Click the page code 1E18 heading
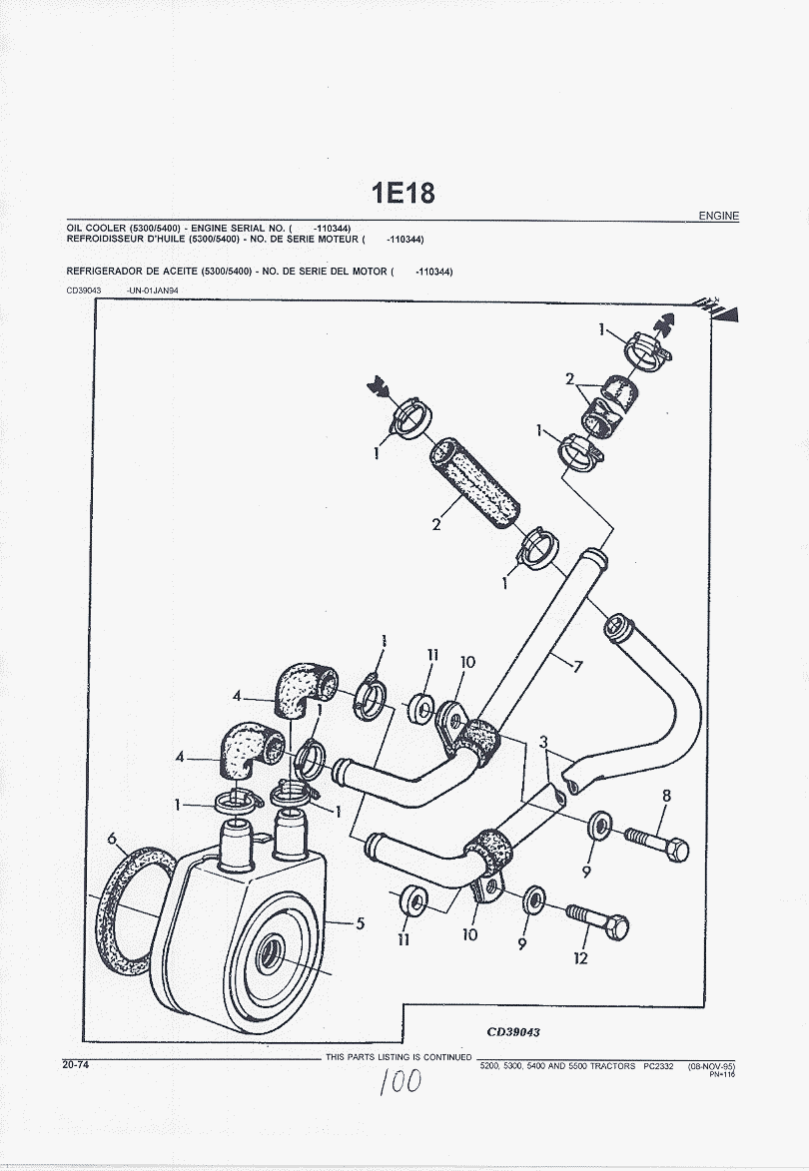tap(404, 193)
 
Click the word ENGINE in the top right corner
tap(718, 216)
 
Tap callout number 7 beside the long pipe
tap(577, 666)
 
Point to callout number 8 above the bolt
tap(666, 797)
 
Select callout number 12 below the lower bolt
tap(581, 958)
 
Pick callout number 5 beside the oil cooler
tap(360, 923)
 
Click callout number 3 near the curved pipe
tap(542, 742)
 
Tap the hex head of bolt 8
tap(677, 851)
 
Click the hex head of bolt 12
tap(617, 926)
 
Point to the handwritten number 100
tap(400, 1080)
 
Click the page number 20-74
tap(76, 1065)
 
